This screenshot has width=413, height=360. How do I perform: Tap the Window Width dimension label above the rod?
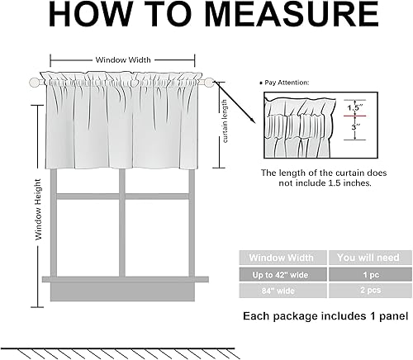(x=123, y=59)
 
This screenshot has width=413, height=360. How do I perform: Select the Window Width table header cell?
(x=282, y=257)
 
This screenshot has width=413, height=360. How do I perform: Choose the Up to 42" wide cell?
(x=282, y=273)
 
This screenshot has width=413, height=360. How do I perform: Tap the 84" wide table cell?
(x=282, y=291)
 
